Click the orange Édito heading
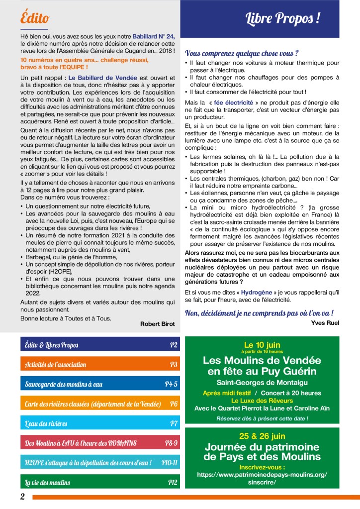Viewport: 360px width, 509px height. click(35, 18)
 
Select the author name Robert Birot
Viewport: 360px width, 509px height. click(158, 324)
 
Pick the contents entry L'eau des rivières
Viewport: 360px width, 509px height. click(46, 423)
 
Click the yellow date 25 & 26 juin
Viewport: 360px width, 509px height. click(262, 436)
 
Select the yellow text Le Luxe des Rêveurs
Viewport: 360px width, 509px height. click(262, 400)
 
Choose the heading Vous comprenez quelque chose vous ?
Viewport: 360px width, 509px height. click(241, 53)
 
